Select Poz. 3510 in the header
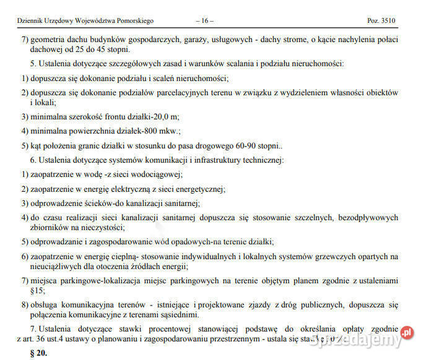(x=381, y=21)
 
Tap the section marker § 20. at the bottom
(x=38, y=354)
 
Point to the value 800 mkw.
(x=163, y=131)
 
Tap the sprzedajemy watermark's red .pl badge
(x=407, y=333)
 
